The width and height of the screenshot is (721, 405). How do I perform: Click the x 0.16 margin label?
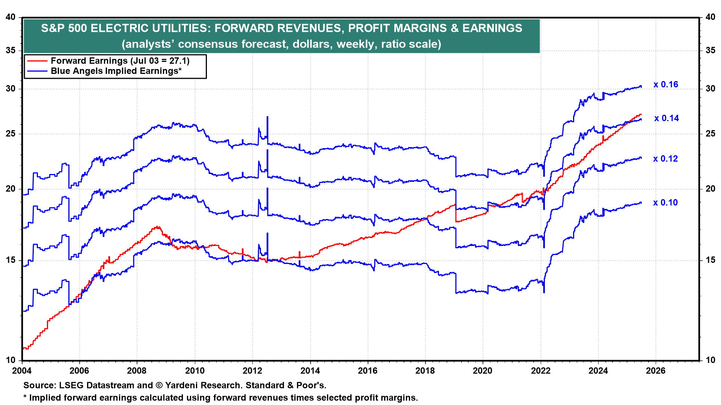666,85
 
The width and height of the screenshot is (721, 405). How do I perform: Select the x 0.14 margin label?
667,118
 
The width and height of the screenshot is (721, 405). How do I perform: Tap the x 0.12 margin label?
665,159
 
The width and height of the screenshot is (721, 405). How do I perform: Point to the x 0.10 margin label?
665,203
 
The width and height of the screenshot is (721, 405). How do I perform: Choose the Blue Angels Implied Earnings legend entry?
116,71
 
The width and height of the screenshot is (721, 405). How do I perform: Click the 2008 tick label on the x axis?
137,371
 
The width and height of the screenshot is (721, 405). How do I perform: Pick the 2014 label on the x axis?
310,371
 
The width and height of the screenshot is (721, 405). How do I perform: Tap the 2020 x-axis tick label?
483,371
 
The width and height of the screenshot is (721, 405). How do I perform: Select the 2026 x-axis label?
656,371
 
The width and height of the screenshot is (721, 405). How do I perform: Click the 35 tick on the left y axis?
11,51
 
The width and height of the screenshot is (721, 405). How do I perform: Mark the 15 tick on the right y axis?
710,260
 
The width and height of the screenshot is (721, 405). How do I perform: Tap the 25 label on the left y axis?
11,134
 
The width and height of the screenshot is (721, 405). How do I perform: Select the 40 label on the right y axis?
710,17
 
